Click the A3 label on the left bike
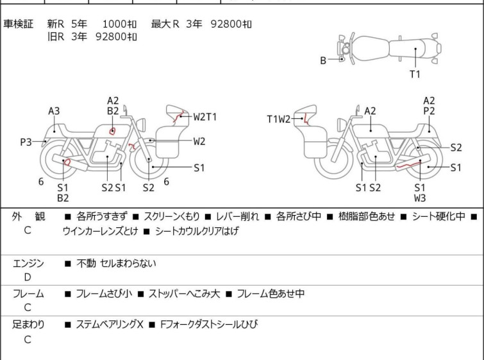point(54,111)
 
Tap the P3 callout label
point(26,142)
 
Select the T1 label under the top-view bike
point(415,74)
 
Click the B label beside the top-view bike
point(323,60)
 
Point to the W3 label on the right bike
point(420,198)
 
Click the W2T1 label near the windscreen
point(205,117)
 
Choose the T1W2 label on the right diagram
point(279,119)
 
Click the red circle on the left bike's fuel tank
point(112,131)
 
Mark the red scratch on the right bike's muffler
point(408,166)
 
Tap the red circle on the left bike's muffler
point(67,162)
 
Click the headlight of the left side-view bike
point(141,125)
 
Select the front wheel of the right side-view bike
point(334,159)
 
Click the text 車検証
point(18,24)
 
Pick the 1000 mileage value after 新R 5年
point(114,24)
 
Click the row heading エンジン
point(28,263)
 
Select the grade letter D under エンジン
point(28,277)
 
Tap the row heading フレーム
point(28,293)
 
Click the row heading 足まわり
point(28,325)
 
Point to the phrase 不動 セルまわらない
point(117,264)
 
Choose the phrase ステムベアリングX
point(110,325)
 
